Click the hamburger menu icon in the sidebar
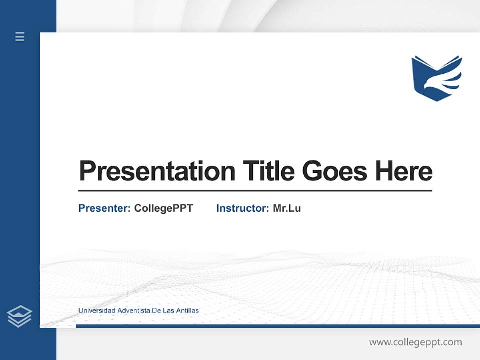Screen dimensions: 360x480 click(x=20, y=36)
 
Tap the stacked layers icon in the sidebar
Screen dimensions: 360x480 click(x=19, y=316)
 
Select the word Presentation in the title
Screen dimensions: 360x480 click(x=157, y=171)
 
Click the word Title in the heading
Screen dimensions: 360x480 click(x=269, y=171)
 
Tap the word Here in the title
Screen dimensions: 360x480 click(x=404, y=171)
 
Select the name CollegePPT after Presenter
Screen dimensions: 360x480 click(x=163, y=208)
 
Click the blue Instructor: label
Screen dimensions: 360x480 click(x=242, y=208)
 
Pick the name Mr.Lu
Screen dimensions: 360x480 click(x=287, y=208)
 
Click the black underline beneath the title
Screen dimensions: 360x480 click(x=255, y=191)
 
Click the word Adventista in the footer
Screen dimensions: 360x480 click(x=133, y=311)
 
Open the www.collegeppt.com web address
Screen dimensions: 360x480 click(x=415, y=342)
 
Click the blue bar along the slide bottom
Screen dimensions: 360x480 click(x=277, y=326)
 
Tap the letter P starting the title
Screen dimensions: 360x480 click(x=87, y=171)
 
